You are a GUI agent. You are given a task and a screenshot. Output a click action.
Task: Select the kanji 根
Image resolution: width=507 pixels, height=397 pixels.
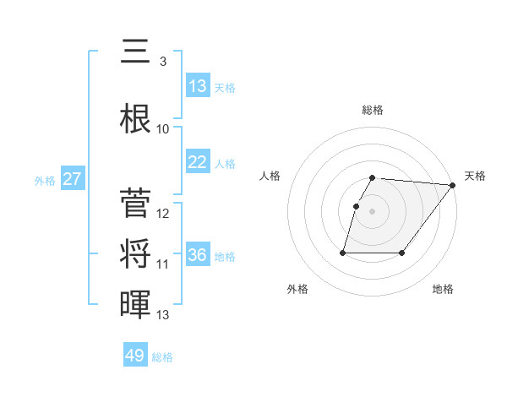click(x=135, y=119)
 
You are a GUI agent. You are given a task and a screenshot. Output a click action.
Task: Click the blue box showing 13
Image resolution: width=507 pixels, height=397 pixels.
click(x=198, y=86)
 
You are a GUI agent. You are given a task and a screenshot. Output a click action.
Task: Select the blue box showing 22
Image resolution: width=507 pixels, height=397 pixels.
click(x=198, y=162)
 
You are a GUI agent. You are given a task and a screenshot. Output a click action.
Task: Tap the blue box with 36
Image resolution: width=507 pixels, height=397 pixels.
click(x=198, y=255)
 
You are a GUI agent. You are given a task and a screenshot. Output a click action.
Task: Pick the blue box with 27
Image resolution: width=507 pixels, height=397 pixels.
click(x=73, y=179)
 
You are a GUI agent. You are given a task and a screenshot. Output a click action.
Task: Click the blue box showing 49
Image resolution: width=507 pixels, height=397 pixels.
click(x=135, y=356)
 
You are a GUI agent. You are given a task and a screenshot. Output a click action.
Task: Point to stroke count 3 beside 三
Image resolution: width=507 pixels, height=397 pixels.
click(x=162, y=62)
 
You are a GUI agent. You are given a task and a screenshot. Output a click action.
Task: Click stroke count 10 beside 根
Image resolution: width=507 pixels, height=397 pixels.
click(x=163, y=129)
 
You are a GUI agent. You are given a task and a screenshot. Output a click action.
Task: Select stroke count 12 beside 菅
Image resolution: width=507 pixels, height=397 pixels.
click(x=163, y=214)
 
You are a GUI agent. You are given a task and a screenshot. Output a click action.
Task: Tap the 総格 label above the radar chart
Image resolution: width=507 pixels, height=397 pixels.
click(x=373, y=110)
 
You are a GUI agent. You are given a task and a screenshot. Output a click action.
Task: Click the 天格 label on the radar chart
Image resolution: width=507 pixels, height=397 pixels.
click(x=475, y=176)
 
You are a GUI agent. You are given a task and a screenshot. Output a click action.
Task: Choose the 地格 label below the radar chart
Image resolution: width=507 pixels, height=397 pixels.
click(x=443, y=289)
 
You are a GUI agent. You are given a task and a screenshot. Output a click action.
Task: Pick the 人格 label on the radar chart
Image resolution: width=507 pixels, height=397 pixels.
click(x=270, y=176)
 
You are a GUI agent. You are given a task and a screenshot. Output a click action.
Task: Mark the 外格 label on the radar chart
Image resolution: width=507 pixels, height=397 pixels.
click(x=297, y=289)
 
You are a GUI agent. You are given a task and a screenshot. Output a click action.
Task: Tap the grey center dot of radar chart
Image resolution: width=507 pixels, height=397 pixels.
click(x=373, y=211)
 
